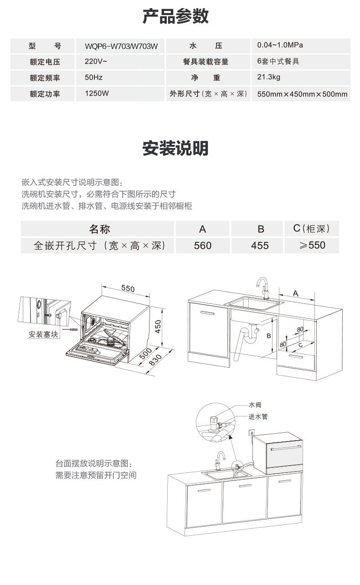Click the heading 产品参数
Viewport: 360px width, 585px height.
[175, 16]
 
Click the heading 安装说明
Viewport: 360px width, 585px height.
[175, 149]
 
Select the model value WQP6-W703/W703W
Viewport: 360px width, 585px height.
[121, 46]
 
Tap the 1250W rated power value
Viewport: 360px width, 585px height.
[97, 94]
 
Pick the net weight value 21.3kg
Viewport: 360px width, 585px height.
[268, 77]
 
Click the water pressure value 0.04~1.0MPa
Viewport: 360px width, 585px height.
[280, 45]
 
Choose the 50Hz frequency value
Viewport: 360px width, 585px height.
[94, 78]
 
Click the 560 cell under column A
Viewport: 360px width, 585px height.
[202, 246]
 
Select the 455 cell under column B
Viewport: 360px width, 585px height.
[260, 246]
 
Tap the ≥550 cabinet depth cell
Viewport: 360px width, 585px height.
[312, 245]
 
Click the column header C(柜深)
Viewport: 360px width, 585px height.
[312, 228]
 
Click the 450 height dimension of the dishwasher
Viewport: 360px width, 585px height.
[158, 326]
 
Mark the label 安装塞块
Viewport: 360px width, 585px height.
[43, 334]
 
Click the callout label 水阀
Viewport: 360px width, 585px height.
[255, 405]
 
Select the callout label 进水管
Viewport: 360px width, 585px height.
[257, 416]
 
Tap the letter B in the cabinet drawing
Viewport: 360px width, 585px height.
[268, 336]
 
